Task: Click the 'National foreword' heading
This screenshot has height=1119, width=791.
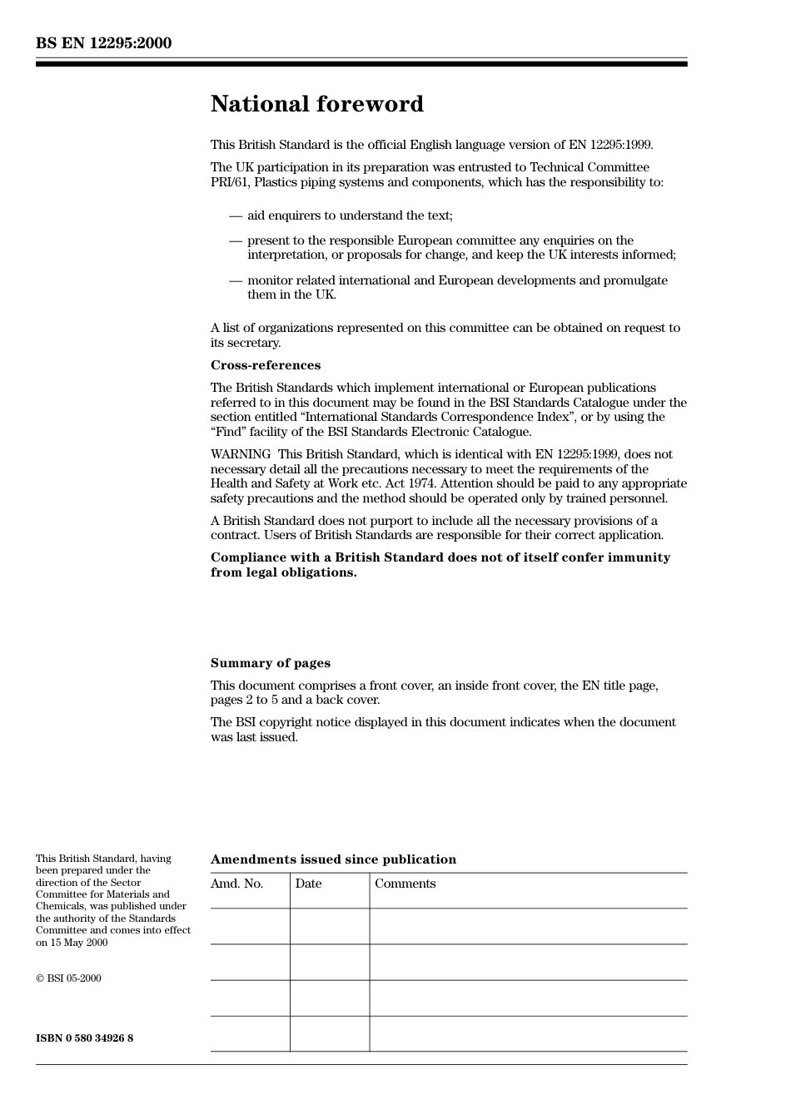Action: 316,104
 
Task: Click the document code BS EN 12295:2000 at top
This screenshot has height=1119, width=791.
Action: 103,43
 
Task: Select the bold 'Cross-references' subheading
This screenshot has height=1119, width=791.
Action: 265,365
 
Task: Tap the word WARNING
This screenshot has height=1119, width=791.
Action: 240,454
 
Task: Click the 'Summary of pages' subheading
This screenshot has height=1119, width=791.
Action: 270,663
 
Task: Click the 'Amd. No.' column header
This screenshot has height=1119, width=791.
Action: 236,884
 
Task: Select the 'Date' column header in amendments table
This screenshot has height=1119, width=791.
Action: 308,884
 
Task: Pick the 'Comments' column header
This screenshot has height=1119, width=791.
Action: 405,884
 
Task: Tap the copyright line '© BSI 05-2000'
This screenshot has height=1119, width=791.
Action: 68,978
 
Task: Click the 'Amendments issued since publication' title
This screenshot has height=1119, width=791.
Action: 333,859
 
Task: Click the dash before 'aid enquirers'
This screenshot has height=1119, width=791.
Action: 236,215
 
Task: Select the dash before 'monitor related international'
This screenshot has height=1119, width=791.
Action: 236,280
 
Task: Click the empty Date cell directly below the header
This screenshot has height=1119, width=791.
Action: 329,926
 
